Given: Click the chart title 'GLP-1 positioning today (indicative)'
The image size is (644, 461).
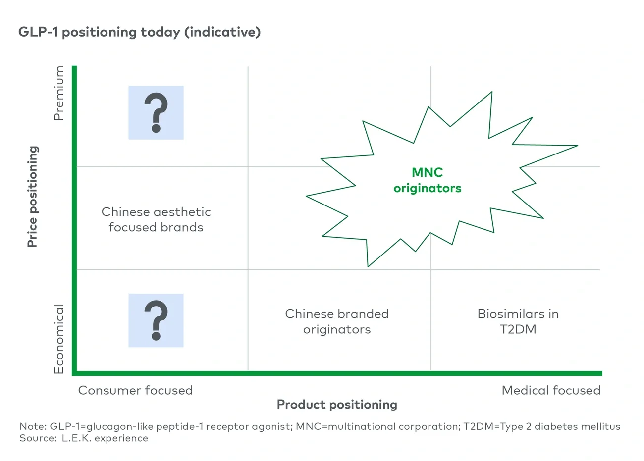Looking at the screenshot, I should [x=139, y=32].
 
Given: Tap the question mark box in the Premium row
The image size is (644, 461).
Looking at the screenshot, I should [x=156, y=113].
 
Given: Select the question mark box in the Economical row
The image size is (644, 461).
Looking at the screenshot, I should [x=156, y=320].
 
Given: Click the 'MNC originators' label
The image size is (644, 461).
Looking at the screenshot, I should [x=427, y=180].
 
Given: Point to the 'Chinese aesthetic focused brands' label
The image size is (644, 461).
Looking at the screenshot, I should [x=156, y=219].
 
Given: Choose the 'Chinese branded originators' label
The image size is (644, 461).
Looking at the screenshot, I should [x=337, y=321].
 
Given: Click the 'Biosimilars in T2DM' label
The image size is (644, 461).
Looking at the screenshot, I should [x=518, y=321].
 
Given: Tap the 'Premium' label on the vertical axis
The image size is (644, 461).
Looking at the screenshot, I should [x=59, y=93].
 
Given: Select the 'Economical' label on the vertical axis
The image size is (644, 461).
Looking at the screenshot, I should [x=59, y=339].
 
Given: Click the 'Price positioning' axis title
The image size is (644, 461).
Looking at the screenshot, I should [x=33, y=197].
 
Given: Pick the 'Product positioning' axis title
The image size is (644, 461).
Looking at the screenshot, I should [x=337, y=405].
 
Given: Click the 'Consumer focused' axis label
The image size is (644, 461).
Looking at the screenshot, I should [x=135, y=390].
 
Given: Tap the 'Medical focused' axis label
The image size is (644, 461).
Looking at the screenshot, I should [x=551, y=390].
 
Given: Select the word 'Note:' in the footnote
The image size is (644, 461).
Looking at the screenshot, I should [x=33, y=426].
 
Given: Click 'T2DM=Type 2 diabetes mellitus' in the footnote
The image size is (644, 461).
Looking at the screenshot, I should [x=541, y=426].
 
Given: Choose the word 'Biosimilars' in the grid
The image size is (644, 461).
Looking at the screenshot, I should [x=505, y=314].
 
